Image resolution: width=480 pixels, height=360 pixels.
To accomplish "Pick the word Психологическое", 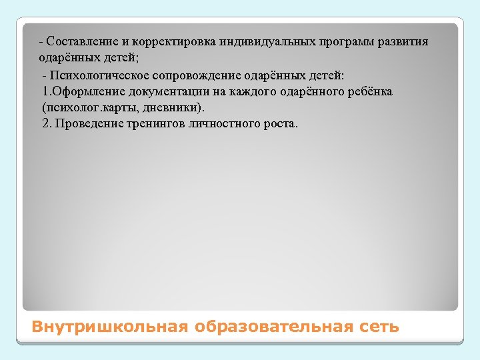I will coord(95,74).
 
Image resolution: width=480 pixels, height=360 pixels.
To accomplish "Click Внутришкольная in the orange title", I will coord(111,327).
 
